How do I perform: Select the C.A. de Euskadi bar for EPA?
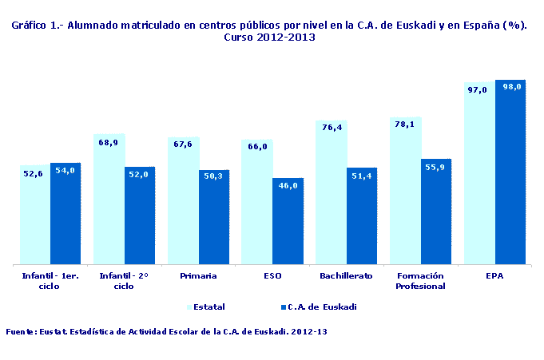tap(510, 172)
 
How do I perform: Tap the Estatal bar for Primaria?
tap(183, 200)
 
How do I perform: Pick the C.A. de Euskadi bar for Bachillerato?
tap(362, 216)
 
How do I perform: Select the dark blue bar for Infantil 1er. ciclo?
tap(66, 213)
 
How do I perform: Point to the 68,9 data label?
tap(108, 143)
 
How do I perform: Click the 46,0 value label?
tap(288, 185)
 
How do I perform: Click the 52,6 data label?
tap(33, 172)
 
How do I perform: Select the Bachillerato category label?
tap(346, 275)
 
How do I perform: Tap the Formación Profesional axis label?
tap(420, 280)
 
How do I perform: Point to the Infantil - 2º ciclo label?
tap(123, 280)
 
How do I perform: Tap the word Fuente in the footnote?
tap(20, 331)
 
